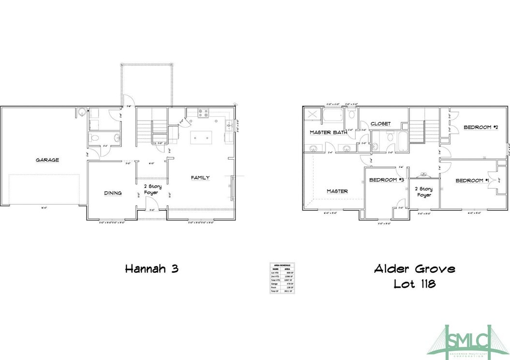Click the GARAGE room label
[x=47, y=160]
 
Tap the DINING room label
[x=113, y=193]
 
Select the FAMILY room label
[x=200, y=178]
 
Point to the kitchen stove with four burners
[x=203, y=114]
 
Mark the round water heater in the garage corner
[x=82, y=113]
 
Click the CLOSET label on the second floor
[x=380, y=124]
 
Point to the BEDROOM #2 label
[x=481, y=127]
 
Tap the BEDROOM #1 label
[x=473, y=180]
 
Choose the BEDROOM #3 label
[x=386, y=180]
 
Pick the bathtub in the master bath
[x=334, y=117]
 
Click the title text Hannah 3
[x=151, y=269]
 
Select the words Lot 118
[x=414, y=284]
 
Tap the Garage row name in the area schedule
[x=276, y=284]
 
